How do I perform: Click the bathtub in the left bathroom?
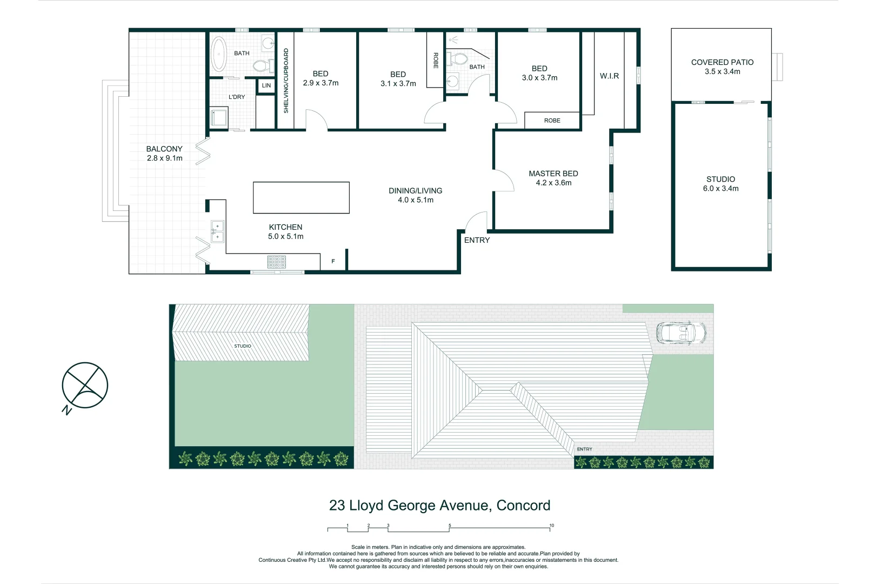(x=218, y=54)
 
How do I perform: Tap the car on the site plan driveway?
(x=680, y=333)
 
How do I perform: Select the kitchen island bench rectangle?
(x=301, y=197)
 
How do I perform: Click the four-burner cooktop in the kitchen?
(x=276, y=262)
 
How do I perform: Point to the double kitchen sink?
(x=217, y=231)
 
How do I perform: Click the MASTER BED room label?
(x=553, y=174)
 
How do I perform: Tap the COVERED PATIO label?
(x=722, y=62)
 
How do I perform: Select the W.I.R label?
(x=609, y=76)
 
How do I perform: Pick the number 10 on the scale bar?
(x=551, y=525)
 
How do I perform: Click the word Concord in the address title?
(x=523, y=505)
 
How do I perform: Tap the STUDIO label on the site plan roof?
(x=243, y=346)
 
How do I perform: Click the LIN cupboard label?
(x=266, y=85)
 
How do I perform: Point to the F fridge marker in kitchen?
(x=333, y=261)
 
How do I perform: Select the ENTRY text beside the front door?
(x=477, y=240)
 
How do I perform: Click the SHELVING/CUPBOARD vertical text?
(x=286, y=81)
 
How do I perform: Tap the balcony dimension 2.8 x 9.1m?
(x=164, y=158)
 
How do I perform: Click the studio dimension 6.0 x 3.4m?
(x=720, y=188)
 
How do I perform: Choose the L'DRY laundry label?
(x=237, y=97)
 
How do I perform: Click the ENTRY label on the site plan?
(x=584, y=449)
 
